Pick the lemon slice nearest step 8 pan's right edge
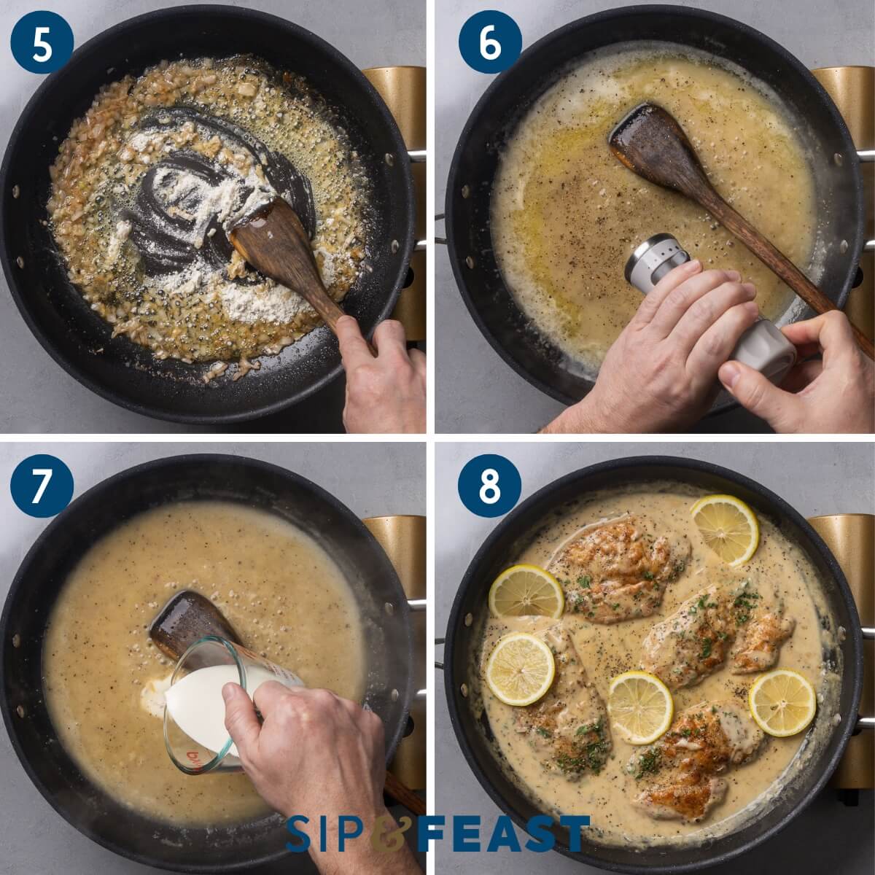click(x=782, y=702)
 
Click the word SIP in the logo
click(x=324, y=833)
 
